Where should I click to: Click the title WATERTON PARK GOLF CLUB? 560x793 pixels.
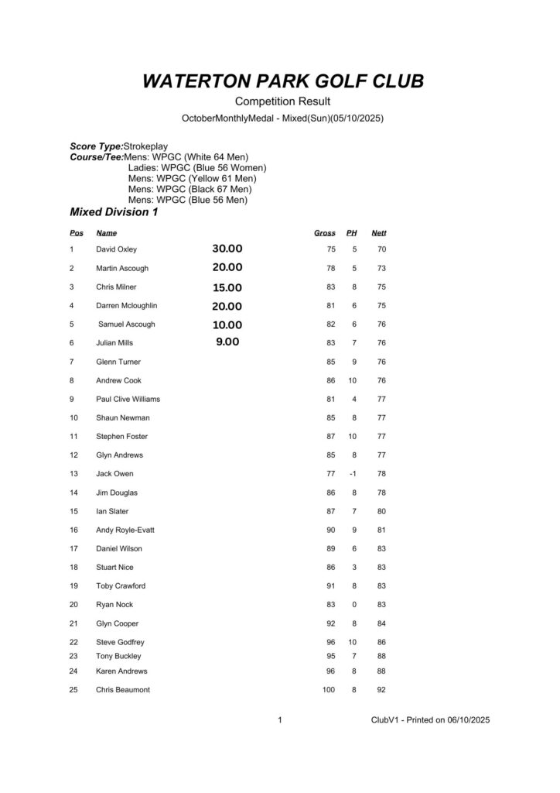point(283,81)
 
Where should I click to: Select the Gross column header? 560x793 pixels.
point(324,232)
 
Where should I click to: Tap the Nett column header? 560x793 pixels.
point(378,232)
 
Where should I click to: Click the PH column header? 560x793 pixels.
point(351,232)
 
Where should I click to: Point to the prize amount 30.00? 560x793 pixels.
point(227,249)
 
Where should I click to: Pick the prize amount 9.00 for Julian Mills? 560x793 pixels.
point(227,342)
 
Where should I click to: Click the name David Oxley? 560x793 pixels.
point(116,249)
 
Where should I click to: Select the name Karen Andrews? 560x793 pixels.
point(121,671)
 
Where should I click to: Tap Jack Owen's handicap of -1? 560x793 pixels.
point(353,473)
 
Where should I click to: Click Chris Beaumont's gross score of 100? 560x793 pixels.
point(328,689)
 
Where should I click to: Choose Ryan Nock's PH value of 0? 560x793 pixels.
point(353,604)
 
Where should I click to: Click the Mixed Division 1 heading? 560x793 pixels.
point(114,212)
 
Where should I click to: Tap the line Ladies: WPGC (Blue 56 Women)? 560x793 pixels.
point(197,167)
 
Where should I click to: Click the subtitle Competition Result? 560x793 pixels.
point(282,101)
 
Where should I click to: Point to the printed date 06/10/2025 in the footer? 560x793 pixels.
point(463,719)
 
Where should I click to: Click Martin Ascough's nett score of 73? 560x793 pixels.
point(381,268)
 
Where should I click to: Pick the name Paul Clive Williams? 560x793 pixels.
point(128,399)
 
